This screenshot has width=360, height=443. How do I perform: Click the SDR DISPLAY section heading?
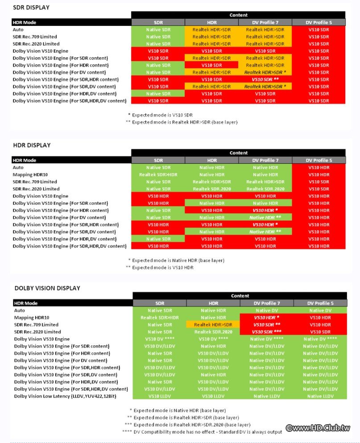[x=31, y=8]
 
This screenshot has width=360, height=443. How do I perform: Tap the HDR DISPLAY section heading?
[x=32, y=145]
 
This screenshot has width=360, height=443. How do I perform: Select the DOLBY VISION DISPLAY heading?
[x=47, y=288]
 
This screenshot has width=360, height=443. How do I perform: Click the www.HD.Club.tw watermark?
[x=318, y=428]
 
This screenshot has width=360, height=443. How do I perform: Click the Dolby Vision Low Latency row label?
[x=67, y=396]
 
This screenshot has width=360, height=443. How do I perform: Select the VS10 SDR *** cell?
[x=266, y=332]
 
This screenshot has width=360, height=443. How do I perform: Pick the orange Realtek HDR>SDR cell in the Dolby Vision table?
[x=213, y=325]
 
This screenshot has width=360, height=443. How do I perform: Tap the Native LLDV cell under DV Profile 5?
[x=320, y=396]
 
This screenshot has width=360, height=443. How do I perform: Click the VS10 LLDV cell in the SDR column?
[x=160, y=396]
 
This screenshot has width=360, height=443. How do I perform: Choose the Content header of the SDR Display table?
[x=238, y=15]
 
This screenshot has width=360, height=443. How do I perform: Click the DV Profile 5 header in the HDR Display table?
[x=319, y=160]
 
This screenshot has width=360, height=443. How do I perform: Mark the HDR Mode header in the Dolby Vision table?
[x=25, y=303]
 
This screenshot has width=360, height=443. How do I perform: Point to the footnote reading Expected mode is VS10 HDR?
[x=161, y=267]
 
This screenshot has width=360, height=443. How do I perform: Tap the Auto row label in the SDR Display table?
[x=18, y=29]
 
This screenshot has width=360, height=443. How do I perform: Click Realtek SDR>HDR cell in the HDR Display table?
[x=158, y=174]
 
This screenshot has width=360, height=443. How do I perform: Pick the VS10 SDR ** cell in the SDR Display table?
[x=265, y=79]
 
